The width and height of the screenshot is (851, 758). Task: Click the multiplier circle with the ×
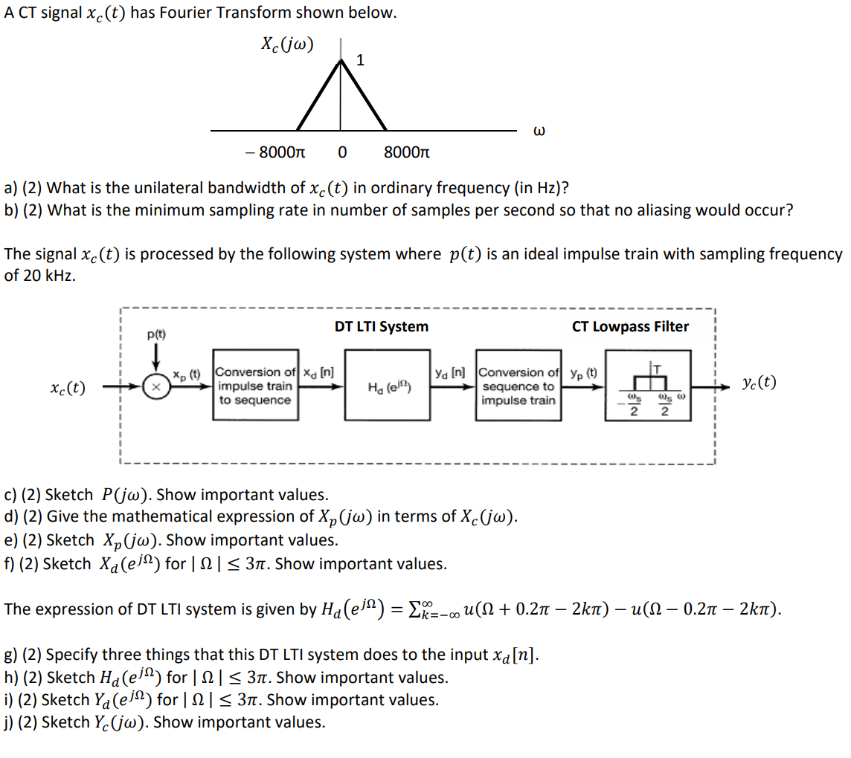(156, 387)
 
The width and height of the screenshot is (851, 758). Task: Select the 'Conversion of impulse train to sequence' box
(256, 386)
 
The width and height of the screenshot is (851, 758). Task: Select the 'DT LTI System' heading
(381, 326)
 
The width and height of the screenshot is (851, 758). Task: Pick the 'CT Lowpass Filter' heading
(630, 326)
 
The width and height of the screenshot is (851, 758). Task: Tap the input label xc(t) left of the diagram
(68, 387)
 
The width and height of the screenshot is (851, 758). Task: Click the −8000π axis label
(274, 153)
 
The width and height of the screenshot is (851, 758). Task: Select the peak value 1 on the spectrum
(360, 60)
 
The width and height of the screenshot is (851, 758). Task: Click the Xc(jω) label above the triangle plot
(287, 44)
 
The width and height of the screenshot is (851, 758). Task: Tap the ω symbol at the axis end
(540, 132)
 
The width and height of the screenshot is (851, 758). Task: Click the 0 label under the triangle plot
(341, 153)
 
